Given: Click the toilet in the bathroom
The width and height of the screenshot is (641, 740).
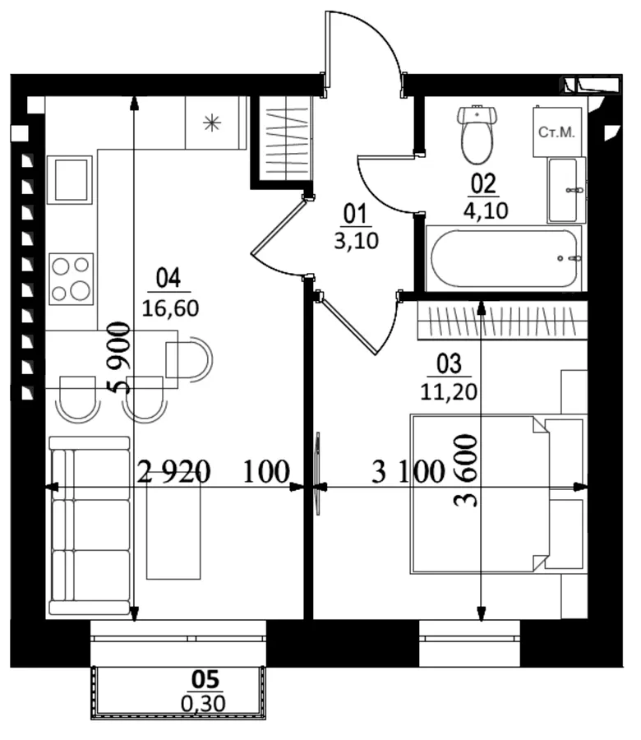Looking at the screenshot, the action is (x=477, y=134).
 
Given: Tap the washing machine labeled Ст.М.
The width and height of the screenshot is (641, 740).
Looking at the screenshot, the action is (x=556, y=132).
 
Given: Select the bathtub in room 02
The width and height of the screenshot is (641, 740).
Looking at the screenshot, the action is (x=505, y=258).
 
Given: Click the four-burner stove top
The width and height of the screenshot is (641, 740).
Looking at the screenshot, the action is (x=71, y=279).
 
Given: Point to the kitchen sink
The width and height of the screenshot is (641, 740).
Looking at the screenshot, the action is (x=69, y=180).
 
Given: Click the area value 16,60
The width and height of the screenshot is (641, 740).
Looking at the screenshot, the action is (x=170, y=308).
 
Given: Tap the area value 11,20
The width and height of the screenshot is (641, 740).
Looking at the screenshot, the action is (x=449, y=391).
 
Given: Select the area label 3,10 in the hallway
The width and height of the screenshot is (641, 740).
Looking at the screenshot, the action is (x=357, y=241).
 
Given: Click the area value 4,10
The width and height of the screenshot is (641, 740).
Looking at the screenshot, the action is (x=486, y=210).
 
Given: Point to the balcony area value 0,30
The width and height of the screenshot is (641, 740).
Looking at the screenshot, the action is (x=203, y=704).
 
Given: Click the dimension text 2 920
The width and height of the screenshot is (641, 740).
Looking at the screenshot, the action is (x=173, y=471).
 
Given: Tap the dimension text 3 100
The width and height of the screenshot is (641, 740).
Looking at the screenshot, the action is (x=408, y=471).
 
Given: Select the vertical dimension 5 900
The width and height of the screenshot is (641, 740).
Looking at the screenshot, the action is (x=119, y=358).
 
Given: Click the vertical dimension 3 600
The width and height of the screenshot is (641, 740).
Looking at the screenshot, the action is (x=465, y=470).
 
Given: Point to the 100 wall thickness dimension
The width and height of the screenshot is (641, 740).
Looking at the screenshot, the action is (x=266, y=471).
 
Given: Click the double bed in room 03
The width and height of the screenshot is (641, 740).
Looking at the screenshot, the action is (x=497, y=494).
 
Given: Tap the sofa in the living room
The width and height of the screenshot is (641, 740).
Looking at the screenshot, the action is (x=90, y=525).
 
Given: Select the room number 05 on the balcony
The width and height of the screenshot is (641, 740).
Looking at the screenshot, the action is (x=205, y=680).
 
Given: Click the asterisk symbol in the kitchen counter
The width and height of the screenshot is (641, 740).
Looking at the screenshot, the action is (x=212, y=123).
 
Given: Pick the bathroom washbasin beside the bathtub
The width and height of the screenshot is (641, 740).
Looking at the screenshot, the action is (x=566, y=190).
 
